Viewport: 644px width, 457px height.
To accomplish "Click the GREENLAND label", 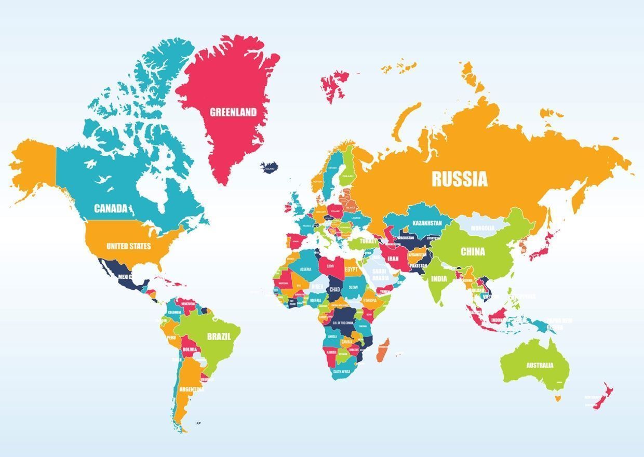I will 233,112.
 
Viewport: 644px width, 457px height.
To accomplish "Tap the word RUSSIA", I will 460,179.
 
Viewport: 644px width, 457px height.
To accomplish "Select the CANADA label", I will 111,208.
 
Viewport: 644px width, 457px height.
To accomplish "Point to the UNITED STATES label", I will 129,246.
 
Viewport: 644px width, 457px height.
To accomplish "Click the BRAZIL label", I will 219,336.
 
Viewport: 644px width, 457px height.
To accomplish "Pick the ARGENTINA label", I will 191,389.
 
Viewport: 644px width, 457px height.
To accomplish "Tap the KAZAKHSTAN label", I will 427,223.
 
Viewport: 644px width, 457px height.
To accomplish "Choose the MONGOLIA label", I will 482,228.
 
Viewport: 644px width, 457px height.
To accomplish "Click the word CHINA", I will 473,252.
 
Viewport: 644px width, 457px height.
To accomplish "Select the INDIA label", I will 438,278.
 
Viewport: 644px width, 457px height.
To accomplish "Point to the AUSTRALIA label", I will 540,365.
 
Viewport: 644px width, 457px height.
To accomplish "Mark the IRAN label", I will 393,258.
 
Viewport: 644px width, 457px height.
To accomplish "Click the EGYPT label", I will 351,270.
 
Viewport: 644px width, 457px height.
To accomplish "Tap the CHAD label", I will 334,289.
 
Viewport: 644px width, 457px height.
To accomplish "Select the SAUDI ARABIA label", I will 380,274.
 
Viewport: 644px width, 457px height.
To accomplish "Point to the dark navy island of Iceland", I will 270,168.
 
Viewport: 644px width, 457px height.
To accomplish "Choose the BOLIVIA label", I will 190,350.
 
